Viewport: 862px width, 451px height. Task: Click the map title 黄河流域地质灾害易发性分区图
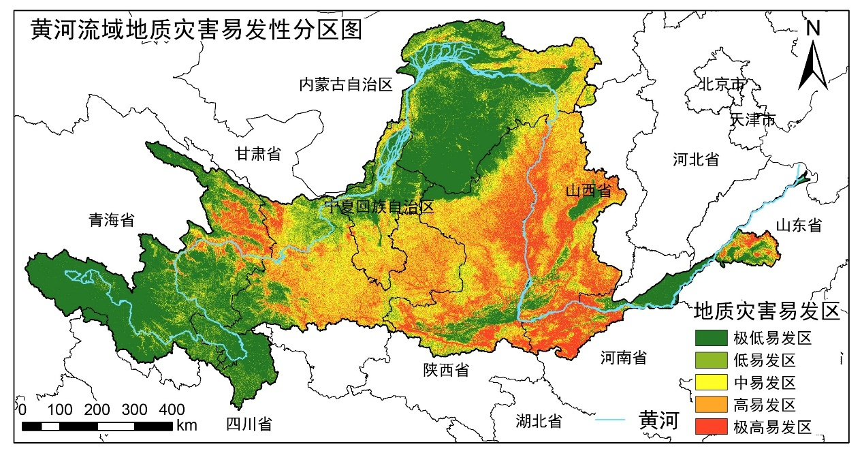tap(196, 30)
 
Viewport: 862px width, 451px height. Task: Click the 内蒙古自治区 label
tap(347, 84)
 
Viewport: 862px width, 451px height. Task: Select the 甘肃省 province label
tap(258, 153)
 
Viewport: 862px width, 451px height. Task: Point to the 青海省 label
tap(112, 220)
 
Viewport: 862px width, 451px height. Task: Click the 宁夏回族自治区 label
tap(379, 207)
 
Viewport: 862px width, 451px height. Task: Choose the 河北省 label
tap(696, 160)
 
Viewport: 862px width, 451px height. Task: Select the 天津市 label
tap(752, 120)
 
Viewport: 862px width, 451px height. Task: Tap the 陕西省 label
tap(446, 370)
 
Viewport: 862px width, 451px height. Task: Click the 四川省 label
tap(249, 424)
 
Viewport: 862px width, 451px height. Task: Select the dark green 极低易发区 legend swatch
tap(712, 337)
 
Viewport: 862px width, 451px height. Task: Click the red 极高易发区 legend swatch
tap(712, 427)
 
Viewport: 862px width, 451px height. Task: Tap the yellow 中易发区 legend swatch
tap(712, 382)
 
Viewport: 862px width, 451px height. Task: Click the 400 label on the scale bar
tap(172, 409)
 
